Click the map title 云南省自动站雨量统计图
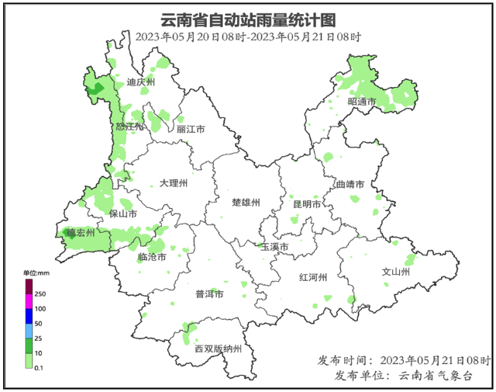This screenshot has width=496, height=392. point(247,19)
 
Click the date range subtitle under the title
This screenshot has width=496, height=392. point(247,36)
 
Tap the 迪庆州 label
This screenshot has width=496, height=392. point(141,82)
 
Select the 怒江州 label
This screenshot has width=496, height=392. point(129,127)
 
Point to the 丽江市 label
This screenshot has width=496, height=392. point(190,130)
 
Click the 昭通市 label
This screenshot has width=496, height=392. point(362,102)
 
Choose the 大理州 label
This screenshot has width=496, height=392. point(174,183)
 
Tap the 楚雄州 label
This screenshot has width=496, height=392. point(246,202)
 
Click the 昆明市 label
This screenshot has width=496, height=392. point(307,203)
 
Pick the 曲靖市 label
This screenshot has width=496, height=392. point(350,185)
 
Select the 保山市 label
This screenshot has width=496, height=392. point(123,213)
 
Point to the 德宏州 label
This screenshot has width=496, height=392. point(80,232)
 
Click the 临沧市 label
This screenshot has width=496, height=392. point(152,257)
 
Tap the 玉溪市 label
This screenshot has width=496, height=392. point(274,247)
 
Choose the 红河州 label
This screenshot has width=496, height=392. point(314,277)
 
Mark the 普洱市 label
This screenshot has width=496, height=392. point(209,294)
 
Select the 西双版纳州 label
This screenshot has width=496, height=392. point(219,349)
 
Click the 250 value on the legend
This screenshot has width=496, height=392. point(40,293)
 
